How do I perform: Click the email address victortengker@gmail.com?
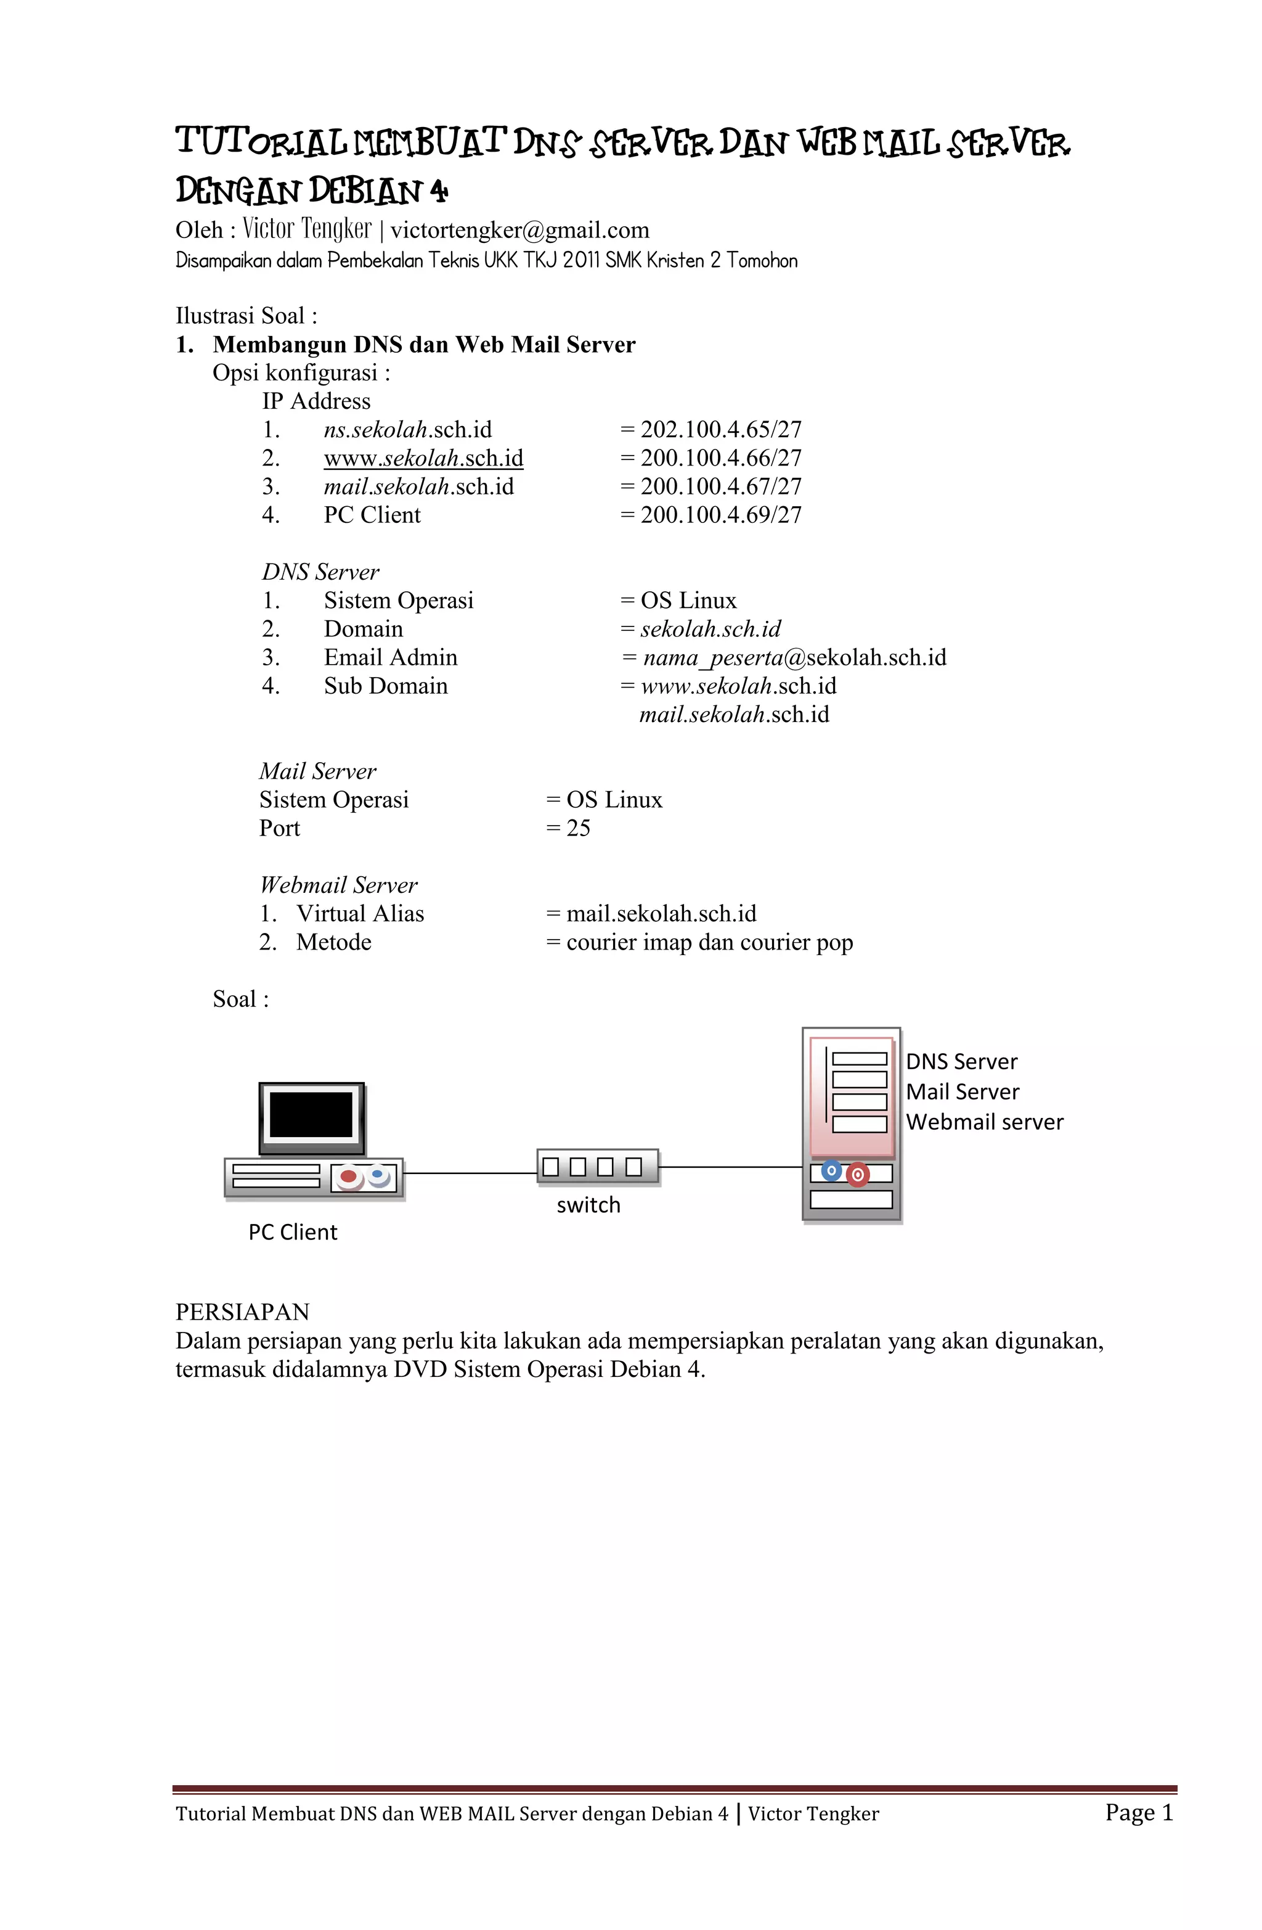click(x=519, y=230)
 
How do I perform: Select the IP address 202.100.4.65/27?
click(x=720, y=430)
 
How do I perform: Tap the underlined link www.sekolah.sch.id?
click(x=423, y=458)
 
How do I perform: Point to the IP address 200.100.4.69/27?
click(x=720, y=515)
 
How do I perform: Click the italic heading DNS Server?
click(x=320, y=572)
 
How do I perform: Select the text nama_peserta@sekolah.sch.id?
click(x=794, y=658)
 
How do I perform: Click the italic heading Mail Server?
click(x=318, y=771)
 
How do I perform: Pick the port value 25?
click(x=578, y=828)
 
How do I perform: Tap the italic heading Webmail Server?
click(x=339, y=885)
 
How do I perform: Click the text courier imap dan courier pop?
click(x=709, y=942)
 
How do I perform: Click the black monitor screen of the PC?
click(x=311, y=1115)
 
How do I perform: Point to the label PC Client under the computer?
click(x=293, y=1233)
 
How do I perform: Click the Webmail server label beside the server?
click(x=984, y=1122)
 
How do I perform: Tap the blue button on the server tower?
click(x=831, y=1171)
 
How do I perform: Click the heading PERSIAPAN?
click(x=242, y=1312)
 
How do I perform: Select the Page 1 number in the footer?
click(x=1139, y=1812)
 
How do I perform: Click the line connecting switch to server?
click(x=730, y=1168)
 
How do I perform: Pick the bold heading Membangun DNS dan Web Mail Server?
click(x=424, y=345)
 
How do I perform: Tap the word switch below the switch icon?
click(x=588, y=1206)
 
